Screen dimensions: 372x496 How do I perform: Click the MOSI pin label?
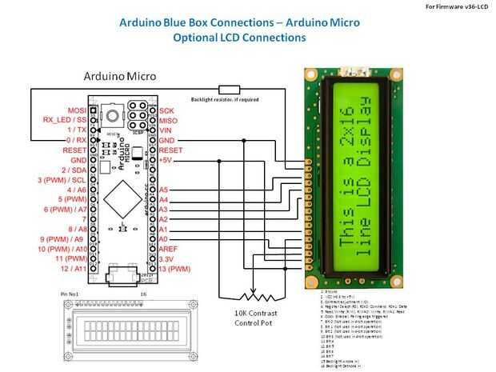pos(76,110)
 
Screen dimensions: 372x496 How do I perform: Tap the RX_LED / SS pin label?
pos(63,119)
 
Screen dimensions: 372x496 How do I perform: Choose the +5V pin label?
pos(166,159)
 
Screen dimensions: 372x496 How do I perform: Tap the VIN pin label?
pos(166,130)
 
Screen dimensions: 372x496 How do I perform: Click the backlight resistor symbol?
pos(230,90)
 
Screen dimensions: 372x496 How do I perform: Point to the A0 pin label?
pos(164,238)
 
